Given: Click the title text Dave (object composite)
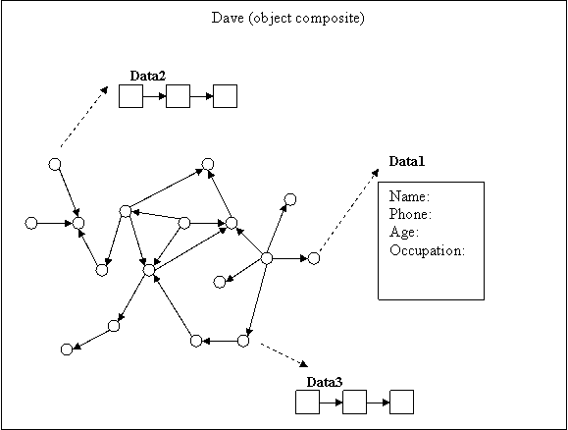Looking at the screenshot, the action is click(288, 18).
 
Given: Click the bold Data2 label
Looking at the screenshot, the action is click(148, 76).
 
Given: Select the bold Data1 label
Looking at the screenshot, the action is click(406, 161).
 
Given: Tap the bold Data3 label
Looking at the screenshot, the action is click(324, 382).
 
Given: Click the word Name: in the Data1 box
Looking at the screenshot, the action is click(409, 196).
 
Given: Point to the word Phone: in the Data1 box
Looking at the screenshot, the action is click(410, 214).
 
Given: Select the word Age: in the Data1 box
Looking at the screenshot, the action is click(404, 232).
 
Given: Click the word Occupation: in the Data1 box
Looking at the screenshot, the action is click(427, 250).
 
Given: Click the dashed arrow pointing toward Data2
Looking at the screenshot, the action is click(84, 117).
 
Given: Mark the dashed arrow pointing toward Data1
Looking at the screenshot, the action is click(349, 210).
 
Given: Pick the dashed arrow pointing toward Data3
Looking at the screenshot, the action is click(284, 355).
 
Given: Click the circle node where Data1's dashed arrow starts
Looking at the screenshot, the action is click(314, 258).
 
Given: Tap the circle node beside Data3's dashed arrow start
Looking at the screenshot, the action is click(243, 341).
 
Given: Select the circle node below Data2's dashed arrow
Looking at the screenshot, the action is click(55, 164).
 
